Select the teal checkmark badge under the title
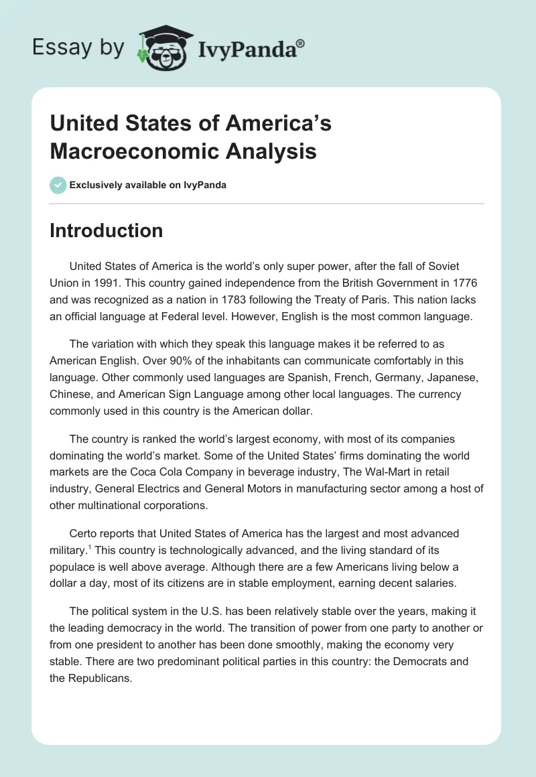coord(58,185)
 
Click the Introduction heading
coord(106,230)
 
